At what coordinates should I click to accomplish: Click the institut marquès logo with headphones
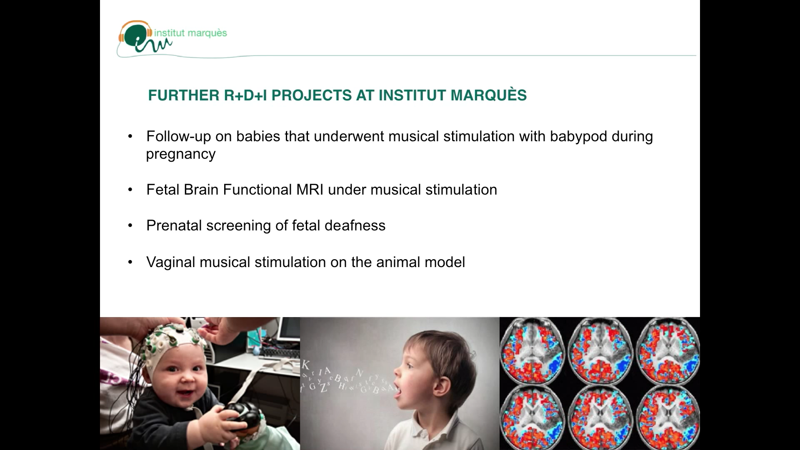172,37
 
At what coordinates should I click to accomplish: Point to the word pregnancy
181,155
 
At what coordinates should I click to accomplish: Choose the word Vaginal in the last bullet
171,262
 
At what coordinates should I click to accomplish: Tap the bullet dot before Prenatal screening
130,225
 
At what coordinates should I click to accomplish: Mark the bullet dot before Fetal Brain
130,190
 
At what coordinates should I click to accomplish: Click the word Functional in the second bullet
257,190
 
